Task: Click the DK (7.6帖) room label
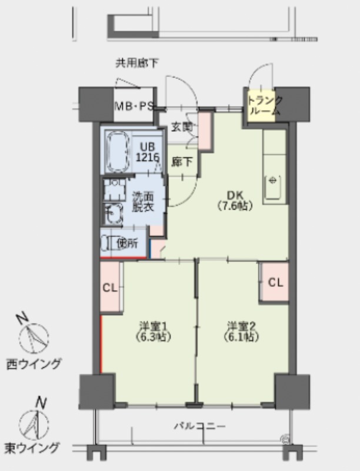point(235,200)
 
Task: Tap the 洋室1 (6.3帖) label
point(153,331)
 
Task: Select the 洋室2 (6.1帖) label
point(241,331)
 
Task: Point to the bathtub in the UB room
point(118,152)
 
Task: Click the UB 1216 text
point(147,152)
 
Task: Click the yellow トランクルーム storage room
point(261,106)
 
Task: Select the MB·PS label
point(134,105)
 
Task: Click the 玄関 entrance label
point(182,127)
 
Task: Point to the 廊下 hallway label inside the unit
point(182,162)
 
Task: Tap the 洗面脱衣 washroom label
point(143,201)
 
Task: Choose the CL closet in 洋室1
point(110,288)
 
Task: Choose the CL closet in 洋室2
point(275,282)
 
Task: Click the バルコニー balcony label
point(200,426)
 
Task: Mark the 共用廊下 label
point(137,63)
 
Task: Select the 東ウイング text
point(32,448)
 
